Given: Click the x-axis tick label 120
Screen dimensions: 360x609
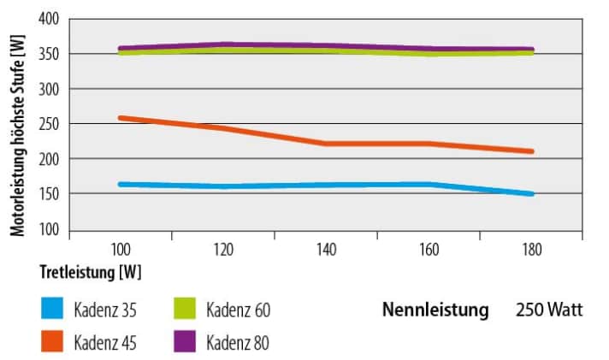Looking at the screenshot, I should coord(223,249).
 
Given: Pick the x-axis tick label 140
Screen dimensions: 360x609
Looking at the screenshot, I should coord(326,249).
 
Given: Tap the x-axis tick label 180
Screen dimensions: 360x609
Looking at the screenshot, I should coord(531,249).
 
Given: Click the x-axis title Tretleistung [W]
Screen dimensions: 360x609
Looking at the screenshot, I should coord(90,273).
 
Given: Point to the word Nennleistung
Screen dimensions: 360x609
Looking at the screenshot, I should coord(435,310).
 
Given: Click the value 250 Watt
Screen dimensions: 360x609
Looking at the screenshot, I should coord(548,310).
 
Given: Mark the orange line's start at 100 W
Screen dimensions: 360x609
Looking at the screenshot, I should coord(121,118).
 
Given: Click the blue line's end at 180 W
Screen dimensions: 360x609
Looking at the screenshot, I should coord(531,194).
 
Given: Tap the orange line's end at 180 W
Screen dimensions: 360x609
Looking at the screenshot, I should coord(531,151).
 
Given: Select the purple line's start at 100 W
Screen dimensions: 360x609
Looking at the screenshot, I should coord(121,49).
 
